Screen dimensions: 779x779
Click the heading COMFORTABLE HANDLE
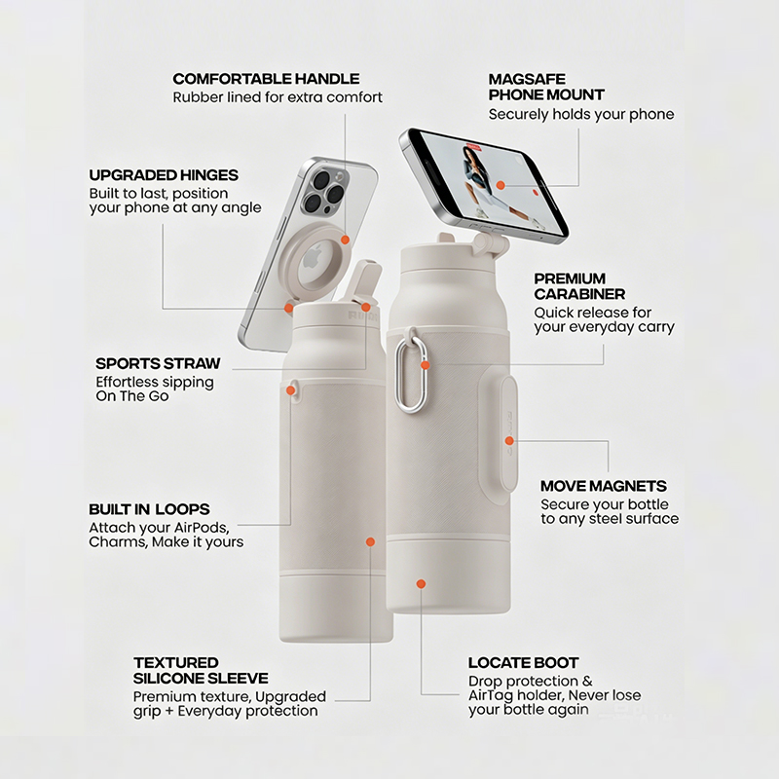266,79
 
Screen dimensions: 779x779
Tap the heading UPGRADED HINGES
164,175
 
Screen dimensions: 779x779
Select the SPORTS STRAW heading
158,363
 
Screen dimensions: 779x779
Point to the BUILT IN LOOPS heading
149,509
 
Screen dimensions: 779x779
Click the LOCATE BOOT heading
523,663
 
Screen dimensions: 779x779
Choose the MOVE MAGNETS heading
603,485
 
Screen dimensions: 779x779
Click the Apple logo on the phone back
313,257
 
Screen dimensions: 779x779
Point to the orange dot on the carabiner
425,366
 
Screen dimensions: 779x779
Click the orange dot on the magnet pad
509,441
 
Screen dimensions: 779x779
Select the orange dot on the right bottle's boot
422,583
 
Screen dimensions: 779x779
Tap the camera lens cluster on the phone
323,189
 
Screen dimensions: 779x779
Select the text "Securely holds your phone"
581,114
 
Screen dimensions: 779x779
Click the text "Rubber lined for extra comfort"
278,96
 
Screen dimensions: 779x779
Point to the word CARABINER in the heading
579,294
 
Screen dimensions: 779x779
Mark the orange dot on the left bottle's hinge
288,308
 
